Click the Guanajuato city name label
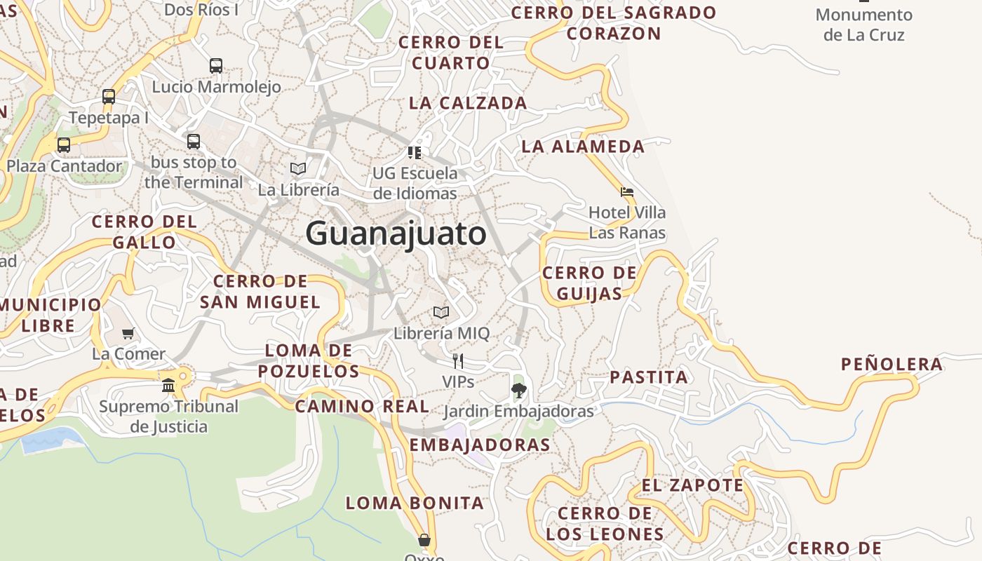pos(396,234)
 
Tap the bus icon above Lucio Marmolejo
pos(216,66)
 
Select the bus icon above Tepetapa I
pos(109,97)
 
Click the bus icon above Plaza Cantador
pos(64,145)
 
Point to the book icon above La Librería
pos(298,168)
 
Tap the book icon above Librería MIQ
pos(440,312)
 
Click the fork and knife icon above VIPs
pos(458,361)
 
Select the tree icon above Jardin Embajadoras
pos(518,391)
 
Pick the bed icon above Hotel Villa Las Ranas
pos(627,191)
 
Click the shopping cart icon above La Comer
pos(128,333)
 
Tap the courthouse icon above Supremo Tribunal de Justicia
pos(168,385)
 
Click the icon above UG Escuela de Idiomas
pos(415,152)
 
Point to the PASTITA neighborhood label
pos(649,377)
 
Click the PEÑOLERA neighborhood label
pos(892,364)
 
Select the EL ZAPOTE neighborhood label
pos(692,485)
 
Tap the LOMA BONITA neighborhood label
pos(415,503)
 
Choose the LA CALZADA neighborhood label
pos(468,103)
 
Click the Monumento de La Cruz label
pos(863,25)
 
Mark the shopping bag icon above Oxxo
pos(424,540)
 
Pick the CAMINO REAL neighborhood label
pos(362,406)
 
